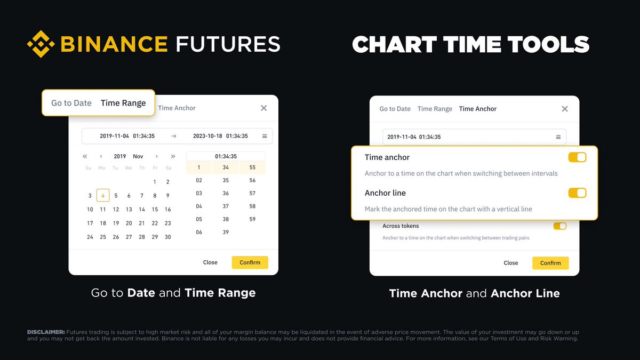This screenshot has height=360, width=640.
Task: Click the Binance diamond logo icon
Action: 41,44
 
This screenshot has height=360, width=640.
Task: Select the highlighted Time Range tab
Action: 123,103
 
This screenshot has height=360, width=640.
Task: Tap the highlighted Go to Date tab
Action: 71,103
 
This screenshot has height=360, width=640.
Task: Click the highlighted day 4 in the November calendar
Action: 103,196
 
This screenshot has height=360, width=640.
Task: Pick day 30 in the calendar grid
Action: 167,237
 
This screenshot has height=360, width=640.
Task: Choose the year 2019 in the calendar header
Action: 120,156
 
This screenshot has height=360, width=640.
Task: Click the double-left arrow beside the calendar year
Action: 85,156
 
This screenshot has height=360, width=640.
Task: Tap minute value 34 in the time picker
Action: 226,167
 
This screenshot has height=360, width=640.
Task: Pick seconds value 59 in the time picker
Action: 252,219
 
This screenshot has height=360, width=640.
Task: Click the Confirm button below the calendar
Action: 250,262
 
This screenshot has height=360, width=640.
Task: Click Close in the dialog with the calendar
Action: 210,262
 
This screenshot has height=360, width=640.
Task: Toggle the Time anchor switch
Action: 577,157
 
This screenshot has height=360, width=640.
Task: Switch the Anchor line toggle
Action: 577,193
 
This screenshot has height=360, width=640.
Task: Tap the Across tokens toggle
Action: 560,226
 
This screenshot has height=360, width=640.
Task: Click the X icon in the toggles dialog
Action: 565,109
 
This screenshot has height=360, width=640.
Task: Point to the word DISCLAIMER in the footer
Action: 46,332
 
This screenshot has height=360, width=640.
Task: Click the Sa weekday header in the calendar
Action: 167,168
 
